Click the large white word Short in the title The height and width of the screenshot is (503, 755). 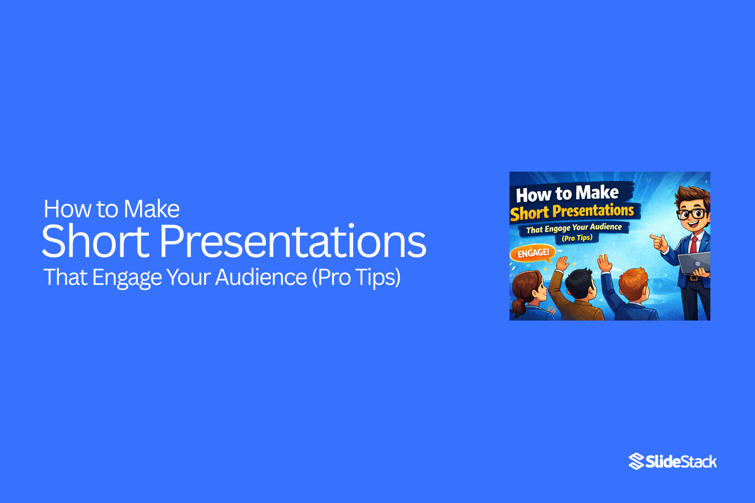pos(95,241)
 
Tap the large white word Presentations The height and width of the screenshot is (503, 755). pos(293,241)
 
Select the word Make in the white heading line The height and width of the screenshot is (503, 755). pos(152,209)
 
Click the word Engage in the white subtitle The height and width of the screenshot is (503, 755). pos(127,278)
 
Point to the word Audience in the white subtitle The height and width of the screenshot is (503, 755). pos(261,277)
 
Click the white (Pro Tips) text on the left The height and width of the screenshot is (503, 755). pos(356,277)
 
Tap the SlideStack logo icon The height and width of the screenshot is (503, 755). pos(636,461)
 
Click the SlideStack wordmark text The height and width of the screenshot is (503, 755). pos(681,462)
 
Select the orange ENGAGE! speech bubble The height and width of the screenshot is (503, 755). pos(533,253)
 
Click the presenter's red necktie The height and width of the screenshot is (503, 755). pos(694,245)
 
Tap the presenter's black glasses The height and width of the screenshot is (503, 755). pos(692,214)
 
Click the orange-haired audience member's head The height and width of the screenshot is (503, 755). pos(634,284)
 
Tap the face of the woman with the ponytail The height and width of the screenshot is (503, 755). pos(538,291)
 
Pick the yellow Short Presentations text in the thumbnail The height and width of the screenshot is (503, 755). pos(572,212)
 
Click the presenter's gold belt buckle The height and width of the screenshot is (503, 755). pos(694,278)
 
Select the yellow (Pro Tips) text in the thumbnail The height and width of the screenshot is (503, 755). pos(577,238)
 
